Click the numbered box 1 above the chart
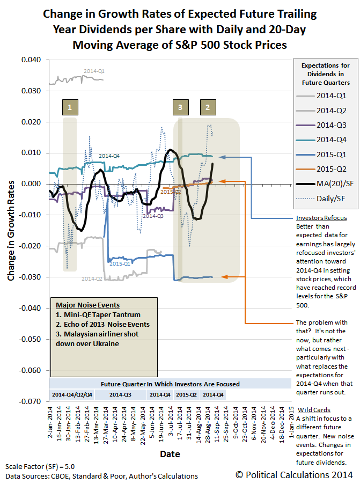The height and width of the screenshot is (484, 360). pos(70,107)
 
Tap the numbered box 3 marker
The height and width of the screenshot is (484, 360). pos(180,107)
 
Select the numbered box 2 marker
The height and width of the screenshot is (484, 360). pos(207,107)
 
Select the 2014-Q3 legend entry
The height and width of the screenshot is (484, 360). pos(324,125)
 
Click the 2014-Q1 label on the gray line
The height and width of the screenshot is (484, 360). pos(94,71)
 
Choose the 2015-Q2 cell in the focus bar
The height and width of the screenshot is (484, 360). pos(186,394)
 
